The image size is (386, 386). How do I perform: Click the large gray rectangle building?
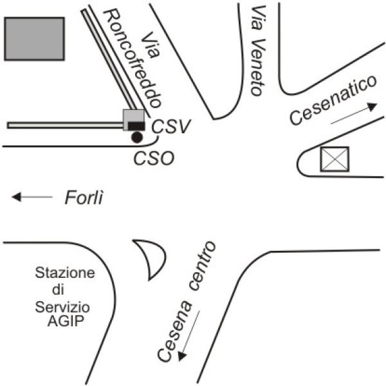pos(35,39)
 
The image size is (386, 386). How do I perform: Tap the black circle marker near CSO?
pos(137,137)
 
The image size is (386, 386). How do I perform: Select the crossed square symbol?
pos(335,159)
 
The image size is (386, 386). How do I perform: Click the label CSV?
pos(171,127)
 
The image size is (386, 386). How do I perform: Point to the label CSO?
pos(154,158)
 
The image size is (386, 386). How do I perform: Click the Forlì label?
pos(84,198)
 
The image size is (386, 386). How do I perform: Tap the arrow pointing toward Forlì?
pos(32,197)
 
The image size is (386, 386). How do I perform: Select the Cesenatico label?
pos(333,100)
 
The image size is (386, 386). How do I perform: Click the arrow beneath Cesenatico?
pos(354,113)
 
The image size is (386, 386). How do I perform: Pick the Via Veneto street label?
pos(259,50)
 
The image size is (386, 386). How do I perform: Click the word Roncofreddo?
pos(133,59)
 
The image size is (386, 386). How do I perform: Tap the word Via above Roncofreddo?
pos(151,45)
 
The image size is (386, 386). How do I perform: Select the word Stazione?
pos(65,273)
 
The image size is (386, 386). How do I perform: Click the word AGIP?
pos(66,321)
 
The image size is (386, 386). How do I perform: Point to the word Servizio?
pos(62,308)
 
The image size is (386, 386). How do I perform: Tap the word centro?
pos(203,266)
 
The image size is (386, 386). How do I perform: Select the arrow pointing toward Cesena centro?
pos(188,336)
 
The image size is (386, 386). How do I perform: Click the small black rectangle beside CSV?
pos(136,126)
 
